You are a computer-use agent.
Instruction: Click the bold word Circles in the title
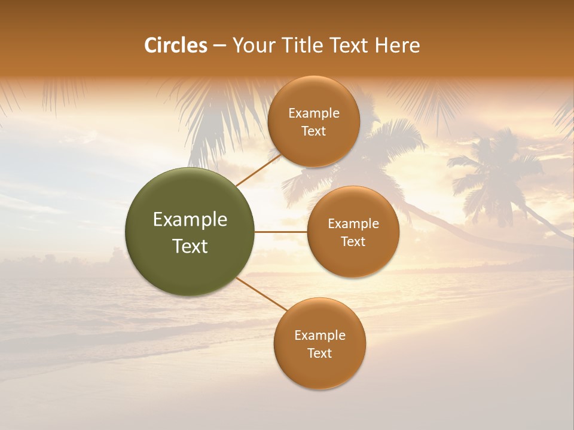click(176, 45)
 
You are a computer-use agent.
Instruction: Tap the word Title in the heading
click(303, 45)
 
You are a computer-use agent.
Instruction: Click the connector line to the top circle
click(258, 170)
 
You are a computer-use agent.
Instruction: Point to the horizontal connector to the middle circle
click(281, 232)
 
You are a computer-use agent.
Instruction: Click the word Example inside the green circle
click(190, 220)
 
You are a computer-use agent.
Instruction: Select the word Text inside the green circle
click(190, 246)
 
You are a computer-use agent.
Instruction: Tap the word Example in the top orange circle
click(314, 113)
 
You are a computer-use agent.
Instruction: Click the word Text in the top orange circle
click(314, 131)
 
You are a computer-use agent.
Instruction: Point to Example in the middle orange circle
click(353, 224)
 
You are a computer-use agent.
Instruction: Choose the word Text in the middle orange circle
click(353, 242)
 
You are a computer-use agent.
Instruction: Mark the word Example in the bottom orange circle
click(320, 336)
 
